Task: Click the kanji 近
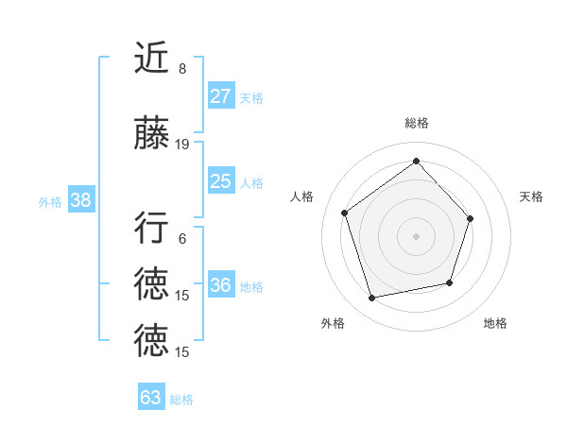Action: click(151, 59)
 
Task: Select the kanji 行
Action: click(151, 228)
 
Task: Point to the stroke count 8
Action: click(182, 69)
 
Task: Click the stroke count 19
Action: click(182, 145)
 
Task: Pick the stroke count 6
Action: click(182, 239)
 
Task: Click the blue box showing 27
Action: click(221, 96)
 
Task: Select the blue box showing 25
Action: click(221, 181)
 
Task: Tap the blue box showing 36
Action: click(221, 285)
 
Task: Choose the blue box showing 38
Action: click(81, 200)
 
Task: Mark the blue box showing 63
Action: click(151, 398)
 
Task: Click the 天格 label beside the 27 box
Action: click(251, 97)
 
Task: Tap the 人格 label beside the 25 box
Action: click(251, 182)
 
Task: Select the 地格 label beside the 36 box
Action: click(251, 286)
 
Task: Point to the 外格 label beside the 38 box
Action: click(50, 201)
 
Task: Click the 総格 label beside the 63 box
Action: click(181, 399)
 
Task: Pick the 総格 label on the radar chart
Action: click(416, 123)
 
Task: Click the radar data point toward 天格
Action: click(472, 218)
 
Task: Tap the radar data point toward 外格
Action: click(372, 299)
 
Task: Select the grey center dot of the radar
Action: click(416, 235)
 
